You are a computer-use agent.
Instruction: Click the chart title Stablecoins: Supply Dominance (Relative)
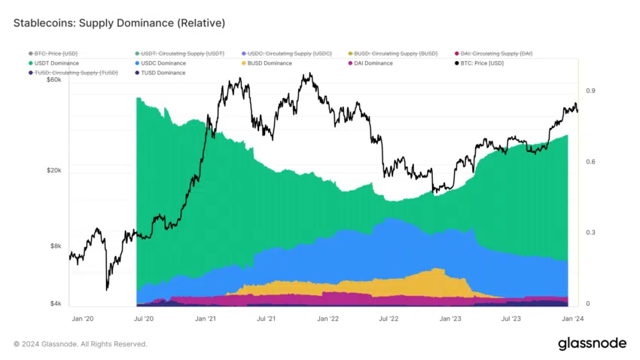tap(119, 23)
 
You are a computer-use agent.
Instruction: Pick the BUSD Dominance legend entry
tap(269, 63)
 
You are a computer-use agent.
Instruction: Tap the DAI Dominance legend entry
tap(372, 63)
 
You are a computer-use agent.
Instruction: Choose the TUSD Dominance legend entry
tap(163, 72)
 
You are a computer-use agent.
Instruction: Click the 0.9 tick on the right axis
tap(591, 91)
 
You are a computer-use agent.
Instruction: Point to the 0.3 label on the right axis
tap(591, 233)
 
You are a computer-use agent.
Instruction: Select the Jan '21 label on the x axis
tap(206, 319)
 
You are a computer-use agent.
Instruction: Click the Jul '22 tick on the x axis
tap(389, 319)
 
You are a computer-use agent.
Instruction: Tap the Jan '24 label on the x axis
tap(571, 319)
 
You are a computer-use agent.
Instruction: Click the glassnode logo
tap(592, 343)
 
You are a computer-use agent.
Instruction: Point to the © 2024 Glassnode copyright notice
tap(81, 344)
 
